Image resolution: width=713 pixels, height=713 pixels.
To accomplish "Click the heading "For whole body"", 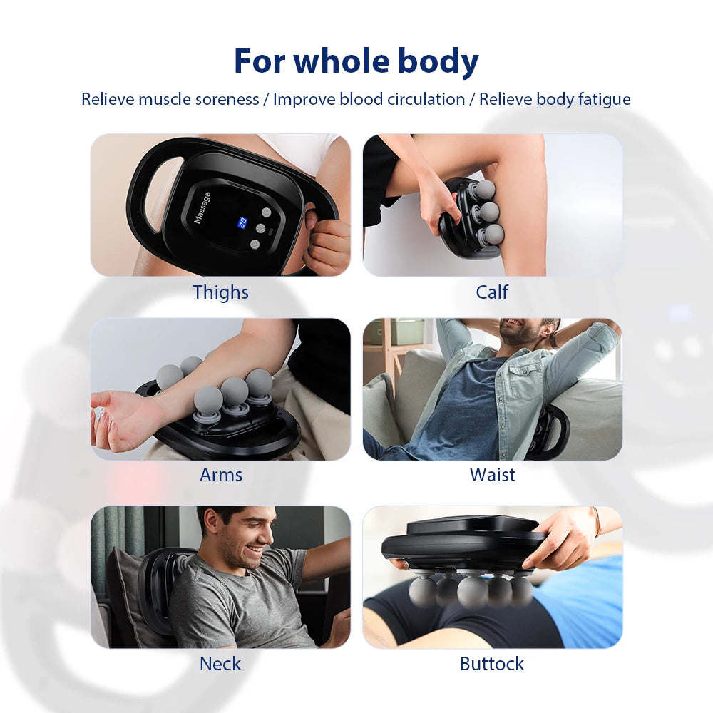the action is click(x=356, y=61).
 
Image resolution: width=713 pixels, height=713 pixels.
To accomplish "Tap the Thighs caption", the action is click(x=220, y=292).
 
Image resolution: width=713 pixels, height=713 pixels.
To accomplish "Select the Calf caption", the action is click(x=491, y=292).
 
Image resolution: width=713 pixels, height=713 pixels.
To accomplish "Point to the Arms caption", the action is click(x=221, y=475).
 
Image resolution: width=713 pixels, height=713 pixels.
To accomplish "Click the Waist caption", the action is click(x=493, y=475).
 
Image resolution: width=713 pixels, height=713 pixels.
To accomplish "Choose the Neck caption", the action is click(x=220, y=664).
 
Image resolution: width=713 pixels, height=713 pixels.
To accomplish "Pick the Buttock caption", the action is click(x=491, y=664).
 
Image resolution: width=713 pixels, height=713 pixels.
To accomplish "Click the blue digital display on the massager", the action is click(x=242, y=222).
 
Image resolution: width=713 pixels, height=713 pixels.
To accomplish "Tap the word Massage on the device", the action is click(x=202, y=207).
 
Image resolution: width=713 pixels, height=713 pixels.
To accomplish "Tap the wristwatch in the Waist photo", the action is click(x=554, y=339).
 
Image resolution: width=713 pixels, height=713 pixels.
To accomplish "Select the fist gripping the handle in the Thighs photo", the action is click(x=324, y=240).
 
